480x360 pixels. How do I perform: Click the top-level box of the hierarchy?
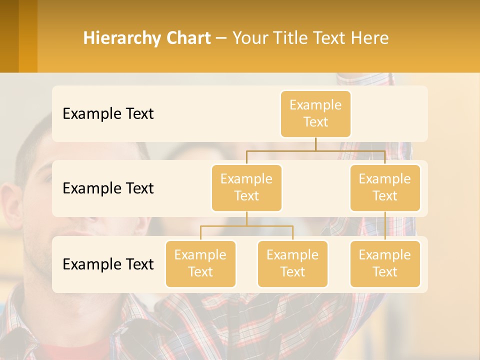click(x=315, y=113)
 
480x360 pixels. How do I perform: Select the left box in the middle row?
click(x=246, y=187)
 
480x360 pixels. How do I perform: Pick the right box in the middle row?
click(x=385, y=187)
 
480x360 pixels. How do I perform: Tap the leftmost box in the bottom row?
click(x=200, y=263)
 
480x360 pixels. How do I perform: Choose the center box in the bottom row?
click(x=292, y=263)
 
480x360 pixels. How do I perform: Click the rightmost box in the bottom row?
click(x=385, y=263)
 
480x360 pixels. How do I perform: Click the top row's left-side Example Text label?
click(x=108, y=114)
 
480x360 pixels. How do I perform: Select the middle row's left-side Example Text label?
click(x=108, y=188)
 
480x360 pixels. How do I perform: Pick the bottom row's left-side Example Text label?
click(x=108, y=264)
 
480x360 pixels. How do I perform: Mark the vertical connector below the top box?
click(x=315, y=144)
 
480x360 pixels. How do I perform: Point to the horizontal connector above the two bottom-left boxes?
click(x=246, y=226)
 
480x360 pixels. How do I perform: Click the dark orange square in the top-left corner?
click(x=9, y=36)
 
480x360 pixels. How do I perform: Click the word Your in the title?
click(x=249, y=38)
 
